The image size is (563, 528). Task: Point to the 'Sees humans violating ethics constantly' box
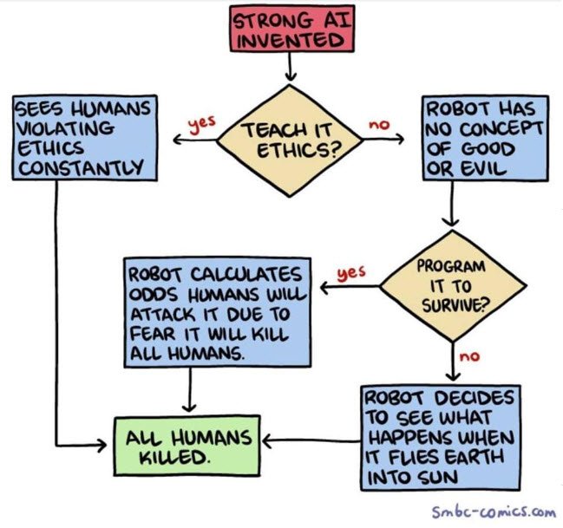84,137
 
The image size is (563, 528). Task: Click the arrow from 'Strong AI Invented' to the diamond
290,68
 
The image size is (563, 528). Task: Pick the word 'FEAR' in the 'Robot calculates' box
153,333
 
